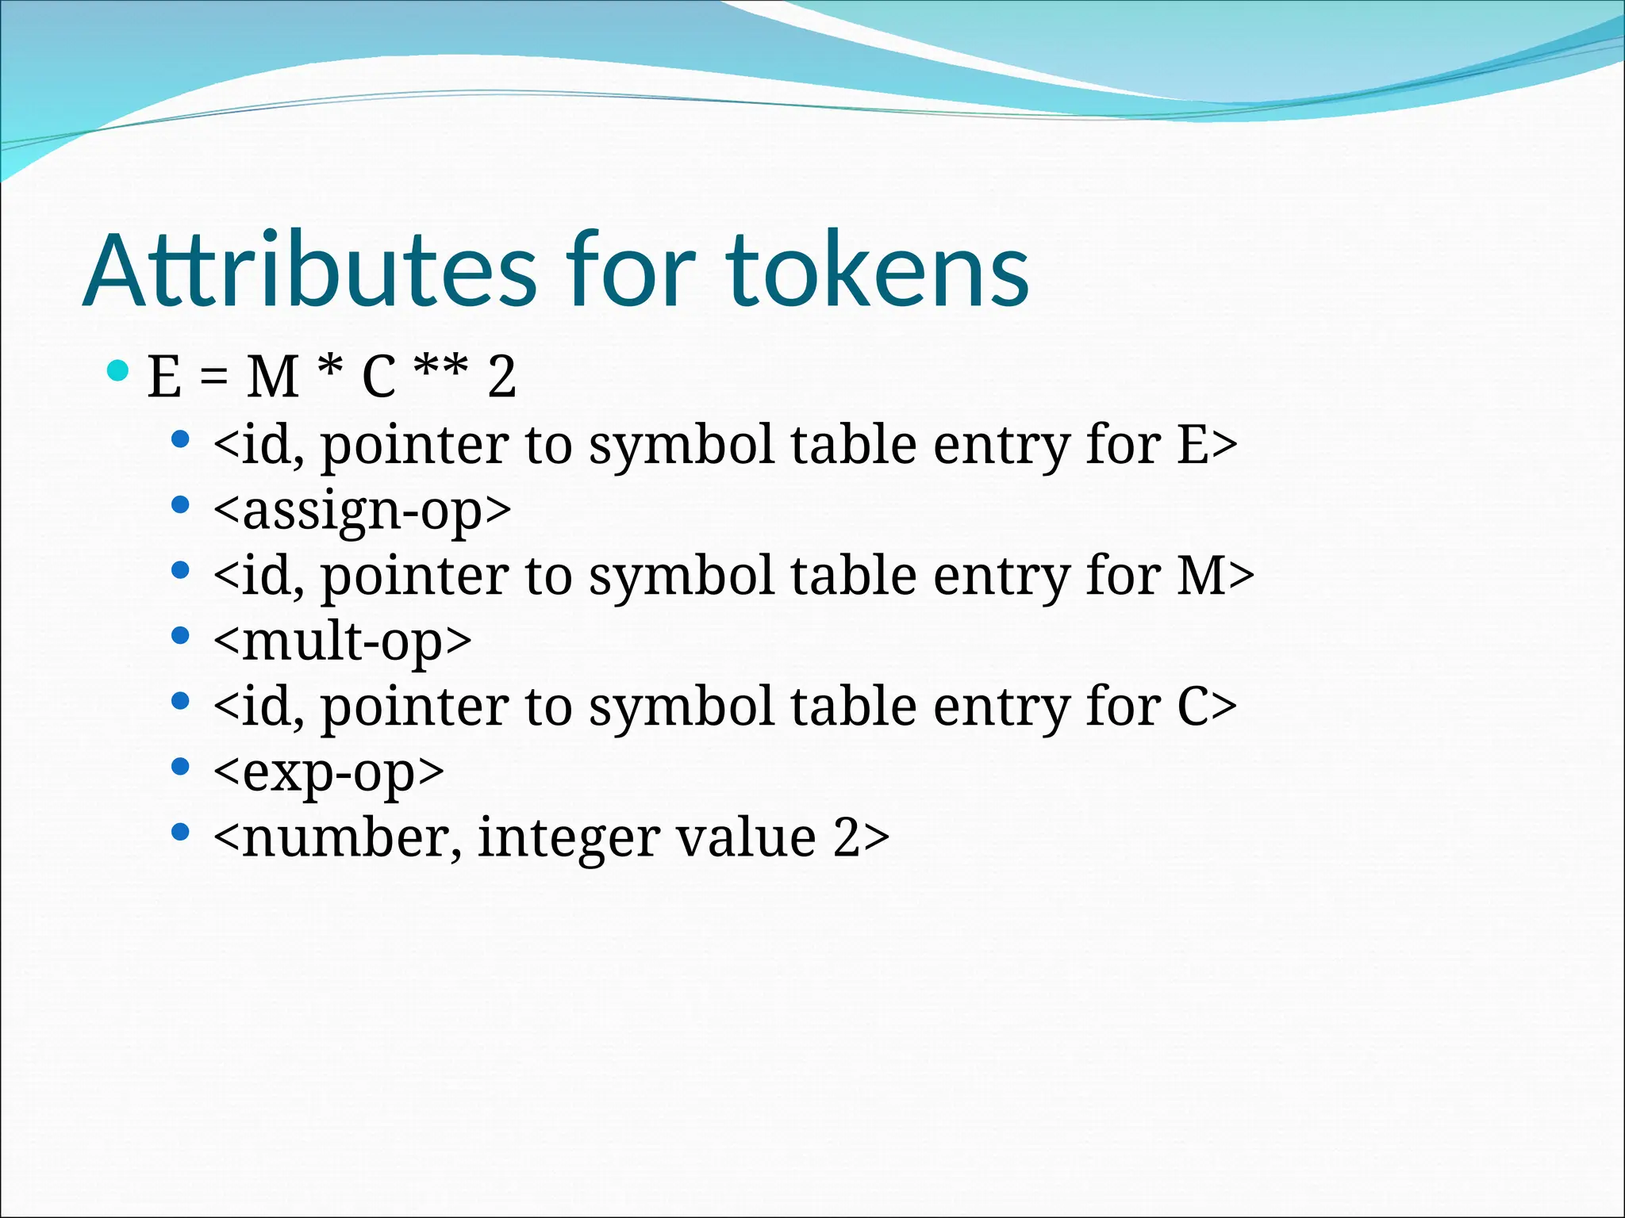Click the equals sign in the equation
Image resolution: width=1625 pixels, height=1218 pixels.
coord(213,377)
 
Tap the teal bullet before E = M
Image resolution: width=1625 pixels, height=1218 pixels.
coord(117,370)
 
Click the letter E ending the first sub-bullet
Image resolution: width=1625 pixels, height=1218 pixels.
coord(1193,445)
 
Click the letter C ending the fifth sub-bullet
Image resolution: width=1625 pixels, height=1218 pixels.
coord(1193,707)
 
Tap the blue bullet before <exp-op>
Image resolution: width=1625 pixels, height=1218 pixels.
coord(181,767)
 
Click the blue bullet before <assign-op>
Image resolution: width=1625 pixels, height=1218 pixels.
coord(181,505)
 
